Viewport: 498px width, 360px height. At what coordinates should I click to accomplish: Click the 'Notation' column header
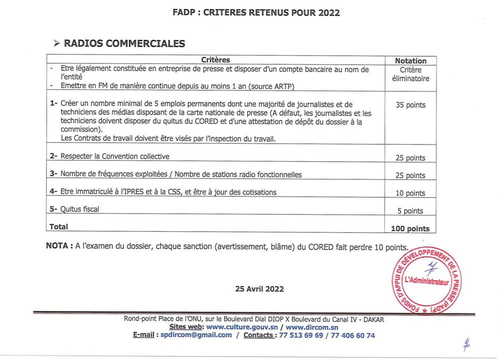(411, 61)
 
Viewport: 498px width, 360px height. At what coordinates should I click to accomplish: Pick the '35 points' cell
(411, 105)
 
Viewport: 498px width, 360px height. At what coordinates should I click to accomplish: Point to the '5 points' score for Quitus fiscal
(411, 211)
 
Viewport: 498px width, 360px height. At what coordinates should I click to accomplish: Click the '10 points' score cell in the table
(411, 193)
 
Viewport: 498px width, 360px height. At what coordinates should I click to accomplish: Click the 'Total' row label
(59, 227)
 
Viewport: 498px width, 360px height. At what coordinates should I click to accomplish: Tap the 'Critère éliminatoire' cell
(411, 74)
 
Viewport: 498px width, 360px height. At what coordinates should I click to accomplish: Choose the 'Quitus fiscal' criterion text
(79, 209)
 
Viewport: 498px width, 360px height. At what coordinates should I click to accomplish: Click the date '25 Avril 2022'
(260, 288)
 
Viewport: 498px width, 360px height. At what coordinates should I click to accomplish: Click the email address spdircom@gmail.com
(197, 335)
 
